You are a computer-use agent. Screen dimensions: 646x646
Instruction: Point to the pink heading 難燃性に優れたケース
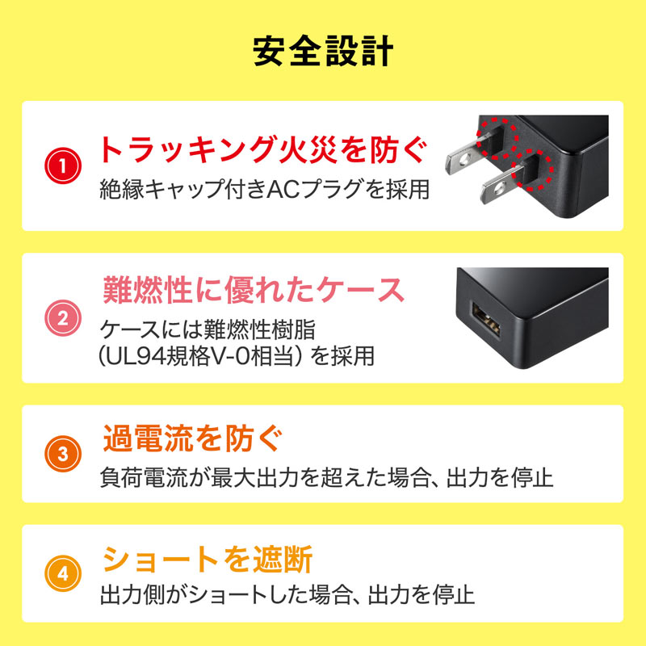[x=254, y=288]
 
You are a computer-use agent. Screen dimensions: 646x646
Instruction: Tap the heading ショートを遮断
[x=207, y=559]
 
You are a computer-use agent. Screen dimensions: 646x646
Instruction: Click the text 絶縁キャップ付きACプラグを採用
[x=263, y=190]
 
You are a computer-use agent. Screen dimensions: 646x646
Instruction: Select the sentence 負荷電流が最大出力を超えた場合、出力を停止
[x=327, y=476]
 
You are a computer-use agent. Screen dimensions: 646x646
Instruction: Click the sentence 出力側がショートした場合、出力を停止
[x=287, y=597]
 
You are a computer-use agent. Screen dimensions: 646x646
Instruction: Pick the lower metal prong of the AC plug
[x=501, y=187]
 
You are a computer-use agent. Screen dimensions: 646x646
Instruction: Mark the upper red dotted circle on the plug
[x=494, y=136]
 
